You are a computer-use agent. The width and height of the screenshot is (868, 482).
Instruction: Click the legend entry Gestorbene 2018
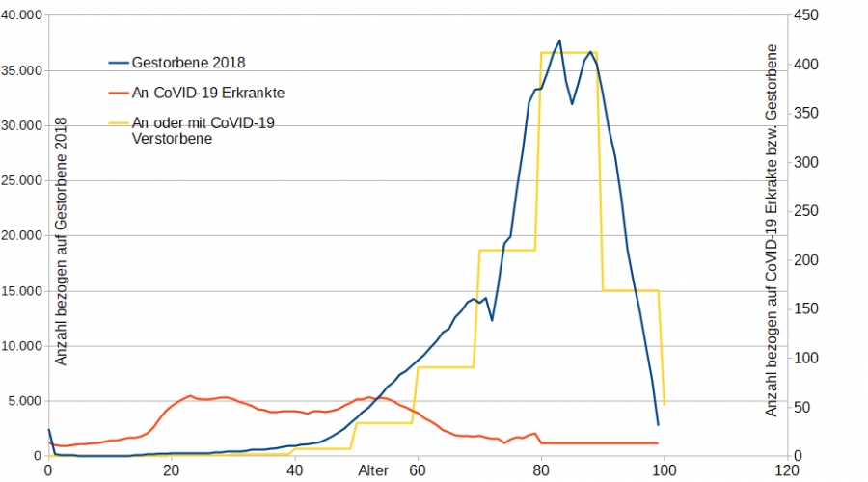point(188,64)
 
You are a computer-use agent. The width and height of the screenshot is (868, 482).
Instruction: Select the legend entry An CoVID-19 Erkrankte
point(200,93)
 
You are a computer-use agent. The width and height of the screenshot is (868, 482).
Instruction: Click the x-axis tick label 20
point(171,470)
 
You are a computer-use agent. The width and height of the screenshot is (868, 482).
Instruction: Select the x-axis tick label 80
point(540,470)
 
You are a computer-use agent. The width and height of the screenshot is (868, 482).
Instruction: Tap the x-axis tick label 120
point(786,470)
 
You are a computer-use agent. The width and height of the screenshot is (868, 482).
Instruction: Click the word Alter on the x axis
point(374,470)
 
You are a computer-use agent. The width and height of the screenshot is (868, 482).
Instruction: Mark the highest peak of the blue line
point(558,40)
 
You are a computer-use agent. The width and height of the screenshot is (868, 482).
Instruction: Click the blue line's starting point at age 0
point(48,430)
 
